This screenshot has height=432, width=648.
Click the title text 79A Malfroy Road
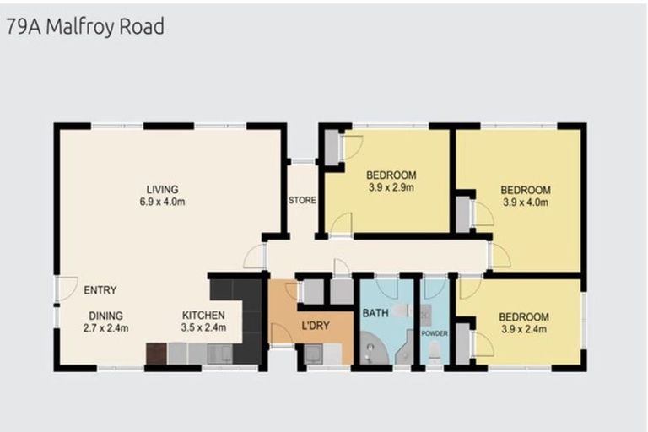click(x=84, y=26)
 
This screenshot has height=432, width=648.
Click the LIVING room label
click(x=161, y=189)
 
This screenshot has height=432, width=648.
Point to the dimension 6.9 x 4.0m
click(x=161, y=202)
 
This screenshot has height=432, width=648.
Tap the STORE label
click(x=301, y=201)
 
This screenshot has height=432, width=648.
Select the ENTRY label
click(x=100, y=290)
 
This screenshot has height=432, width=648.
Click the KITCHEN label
click(x=203, y=316)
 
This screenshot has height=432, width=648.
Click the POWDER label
click(x=435, y=333)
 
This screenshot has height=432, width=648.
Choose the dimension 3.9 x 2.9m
click(x=391, y=188)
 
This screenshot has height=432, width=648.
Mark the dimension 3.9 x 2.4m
click(x=525, y=328)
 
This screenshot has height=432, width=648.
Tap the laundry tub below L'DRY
click(x=313, y=354)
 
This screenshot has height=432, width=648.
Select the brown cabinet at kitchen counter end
click(x=156, y=353)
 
